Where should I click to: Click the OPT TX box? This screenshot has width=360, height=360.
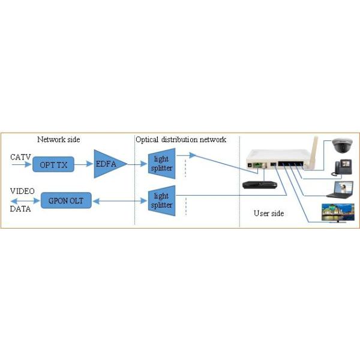click(53, 164)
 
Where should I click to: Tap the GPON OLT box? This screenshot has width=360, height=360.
click(66, 200)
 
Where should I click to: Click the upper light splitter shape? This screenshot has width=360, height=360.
click(162, 163)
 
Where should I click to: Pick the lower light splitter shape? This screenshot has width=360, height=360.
click(162, 200)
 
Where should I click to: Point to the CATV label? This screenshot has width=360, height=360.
click(20, 157)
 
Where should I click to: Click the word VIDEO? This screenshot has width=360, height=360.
click(22, 191)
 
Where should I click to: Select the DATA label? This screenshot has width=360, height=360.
click(20, 209)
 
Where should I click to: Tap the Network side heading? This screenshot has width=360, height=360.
click(59, 139)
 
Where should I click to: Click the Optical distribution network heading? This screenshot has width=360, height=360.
click(181, 140)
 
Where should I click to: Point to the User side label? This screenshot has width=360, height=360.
click(269, 213)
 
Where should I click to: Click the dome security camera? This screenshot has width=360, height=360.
click(342, 146)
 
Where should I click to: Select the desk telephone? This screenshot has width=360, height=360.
click(341, 168)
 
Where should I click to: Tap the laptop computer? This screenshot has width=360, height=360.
click(340, 190)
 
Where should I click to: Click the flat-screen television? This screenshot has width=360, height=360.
click(338, 213)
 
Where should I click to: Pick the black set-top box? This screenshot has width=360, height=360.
click(260, 185)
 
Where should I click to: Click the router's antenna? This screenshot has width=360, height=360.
click(313, 152)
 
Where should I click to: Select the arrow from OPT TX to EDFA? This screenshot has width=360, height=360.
click(83, 164)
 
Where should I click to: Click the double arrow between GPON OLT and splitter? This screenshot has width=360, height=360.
click(119, 201)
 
